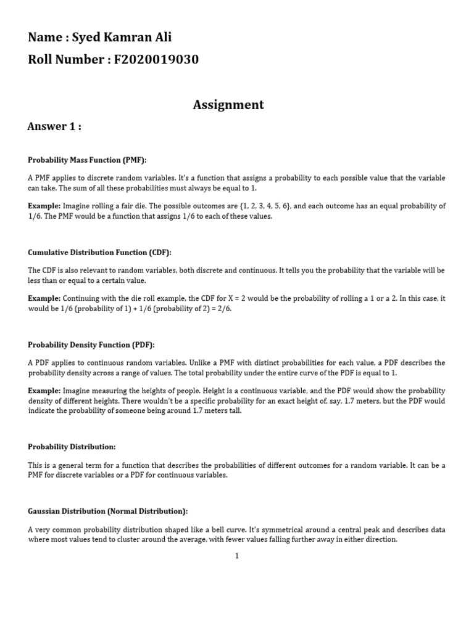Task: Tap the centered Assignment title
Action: click(x=228, y=105)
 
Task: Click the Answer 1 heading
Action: click(x=54, y=126)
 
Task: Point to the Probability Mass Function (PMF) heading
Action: click(x=87, y=160)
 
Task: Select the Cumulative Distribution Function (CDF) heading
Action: click(x=99, y=253)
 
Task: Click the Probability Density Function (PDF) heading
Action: click(x=91, y=345)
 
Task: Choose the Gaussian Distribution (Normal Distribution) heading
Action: click(x=108, y=511)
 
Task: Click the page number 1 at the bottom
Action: click(x=236, y=556)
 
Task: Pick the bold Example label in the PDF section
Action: click(x=44, y=391)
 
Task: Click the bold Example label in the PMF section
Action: click(x=44, y=206)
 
